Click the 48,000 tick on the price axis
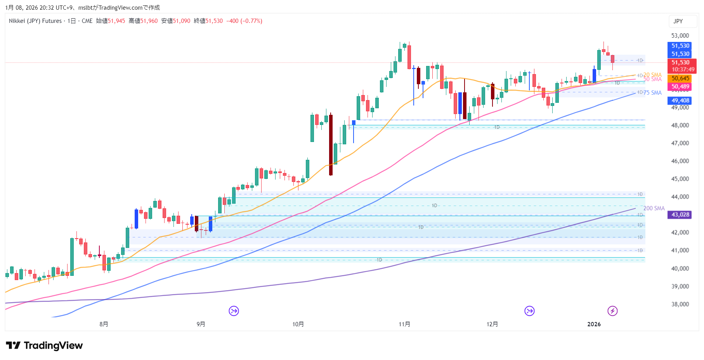click(x=680, y=125)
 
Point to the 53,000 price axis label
click(x=680, y=36)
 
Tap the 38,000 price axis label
click(x=680, y=304)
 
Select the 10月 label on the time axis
click(x=298, y=324)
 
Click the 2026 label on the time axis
click(x=594, y=324)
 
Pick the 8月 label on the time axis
click(x=104, y=324)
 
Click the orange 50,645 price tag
click(x=680, y=78)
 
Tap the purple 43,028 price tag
click(x=680, y=215)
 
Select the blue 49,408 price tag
click(x=680, y=100)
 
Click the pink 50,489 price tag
click(x=680, y=87)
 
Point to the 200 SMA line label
click(x=654, y=208)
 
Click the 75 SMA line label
click(x=652, y=93)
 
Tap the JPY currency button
click(x=678, y=21)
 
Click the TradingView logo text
click(x=53, y=346)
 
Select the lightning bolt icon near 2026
click(x=612, y=311)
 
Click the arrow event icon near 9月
click(x=234, y=311)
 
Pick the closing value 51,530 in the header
click(x=214, y=21)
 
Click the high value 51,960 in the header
click(x=149, y=21)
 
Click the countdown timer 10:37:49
click(x=683, y=69)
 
